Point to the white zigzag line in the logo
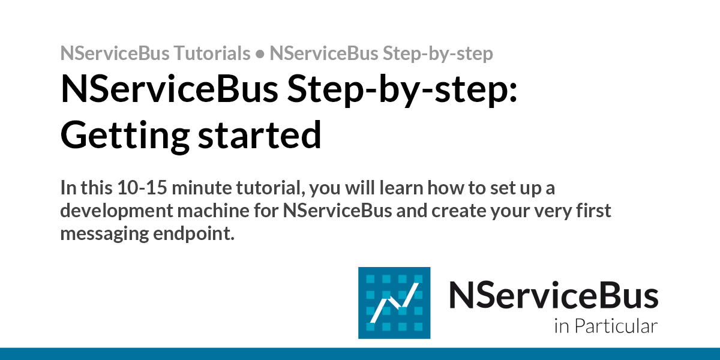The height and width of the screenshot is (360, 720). point(394,303)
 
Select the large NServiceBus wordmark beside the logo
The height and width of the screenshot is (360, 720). point(553,296)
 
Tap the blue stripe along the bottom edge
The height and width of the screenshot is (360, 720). point(360,353)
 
